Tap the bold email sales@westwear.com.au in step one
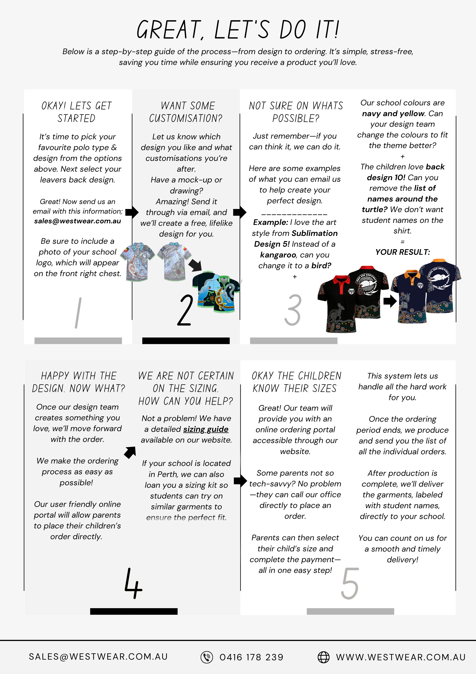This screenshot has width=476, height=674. (77, 221)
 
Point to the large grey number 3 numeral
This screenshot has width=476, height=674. (293, 310)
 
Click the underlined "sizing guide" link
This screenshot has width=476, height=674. (206, 429)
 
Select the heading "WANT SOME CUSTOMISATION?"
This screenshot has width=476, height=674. (186, 112)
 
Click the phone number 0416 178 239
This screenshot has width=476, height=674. (251, 657)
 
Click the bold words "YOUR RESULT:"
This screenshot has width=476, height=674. (402, 252)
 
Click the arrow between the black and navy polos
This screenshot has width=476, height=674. (390, 301)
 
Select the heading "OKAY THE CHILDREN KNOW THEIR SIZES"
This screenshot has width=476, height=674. (296, 382)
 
